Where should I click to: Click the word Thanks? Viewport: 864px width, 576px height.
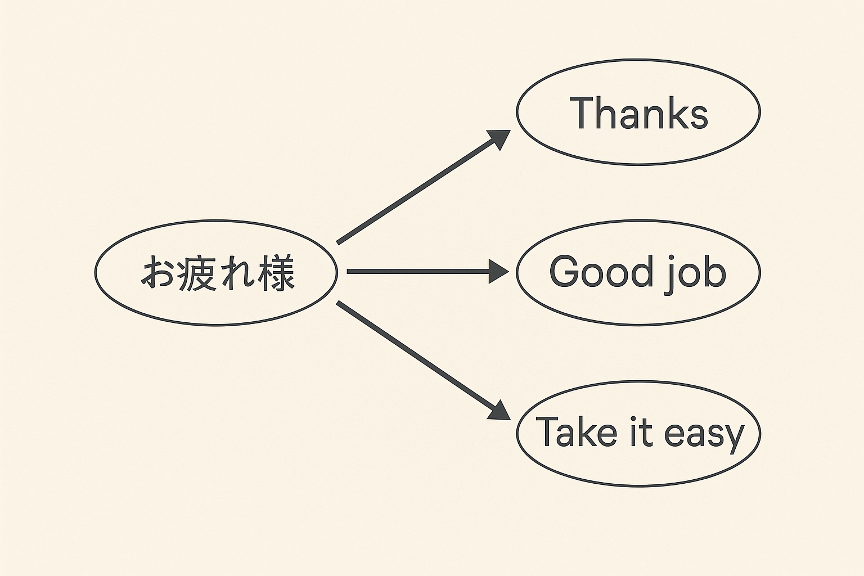pos(638,113)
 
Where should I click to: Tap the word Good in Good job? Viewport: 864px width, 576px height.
pos(600,272)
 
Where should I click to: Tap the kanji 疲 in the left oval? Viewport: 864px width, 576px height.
pos(197,273)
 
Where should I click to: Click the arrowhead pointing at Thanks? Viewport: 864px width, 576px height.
pos(499,138)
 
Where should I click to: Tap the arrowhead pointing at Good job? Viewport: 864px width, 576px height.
pos(498,272)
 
